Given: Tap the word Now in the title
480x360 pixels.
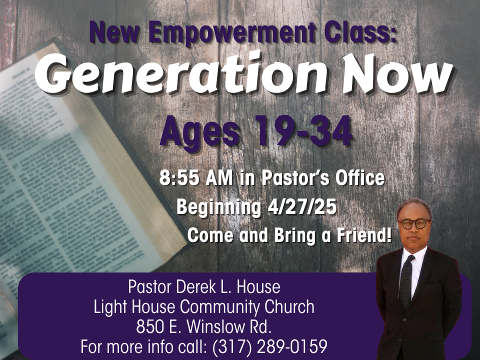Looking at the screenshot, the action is point(398,74).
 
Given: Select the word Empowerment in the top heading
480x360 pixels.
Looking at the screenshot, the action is point(232,33).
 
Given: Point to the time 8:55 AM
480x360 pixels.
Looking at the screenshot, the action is point(196,178).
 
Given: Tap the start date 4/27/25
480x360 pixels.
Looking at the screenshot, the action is point(302,206).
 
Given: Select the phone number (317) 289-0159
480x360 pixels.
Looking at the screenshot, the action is point(269,346).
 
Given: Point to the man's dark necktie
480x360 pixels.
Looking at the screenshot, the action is point(406,282).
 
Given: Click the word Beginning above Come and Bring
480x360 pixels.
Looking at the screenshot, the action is point(218,207).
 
